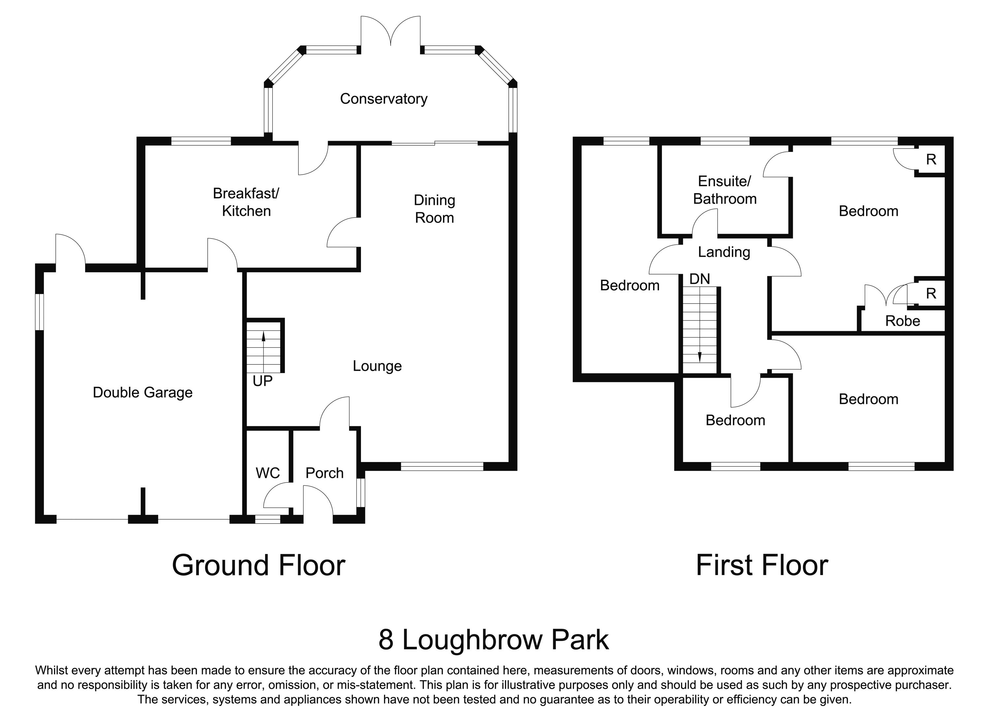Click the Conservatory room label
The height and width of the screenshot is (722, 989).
[x=383, y=99]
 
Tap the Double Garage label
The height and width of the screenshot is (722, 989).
[x=142, y=392]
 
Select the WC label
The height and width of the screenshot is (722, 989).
[x=268, y=473]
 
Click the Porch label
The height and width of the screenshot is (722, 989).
[x=324, y=473]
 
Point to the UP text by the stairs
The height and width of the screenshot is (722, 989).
[x=262, y=381]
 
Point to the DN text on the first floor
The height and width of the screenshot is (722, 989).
[x=700, y=279]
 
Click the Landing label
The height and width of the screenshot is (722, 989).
[x=724, y=252]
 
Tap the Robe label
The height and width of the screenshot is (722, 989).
[x=902, y=321]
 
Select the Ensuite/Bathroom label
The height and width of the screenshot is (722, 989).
[x=725, y=190]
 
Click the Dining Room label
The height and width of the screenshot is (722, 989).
[x=434, y=209]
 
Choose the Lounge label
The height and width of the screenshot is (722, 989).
[x=377, y=366]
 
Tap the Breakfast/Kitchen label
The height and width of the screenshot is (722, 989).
[x=246, y=202]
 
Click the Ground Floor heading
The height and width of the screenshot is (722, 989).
[x=258, y=565]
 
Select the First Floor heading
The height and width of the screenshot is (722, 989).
[x=762, y=565]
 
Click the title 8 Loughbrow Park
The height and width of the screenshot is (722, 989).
[x=493, y=640]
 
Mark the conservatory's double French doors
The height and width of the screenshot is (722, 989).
[x=390, y=33]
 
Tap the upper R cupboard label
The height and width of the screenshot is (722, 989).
[x=931, y=160]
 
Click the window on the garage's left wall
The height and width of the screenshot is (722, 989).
[x=39, y=312]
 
